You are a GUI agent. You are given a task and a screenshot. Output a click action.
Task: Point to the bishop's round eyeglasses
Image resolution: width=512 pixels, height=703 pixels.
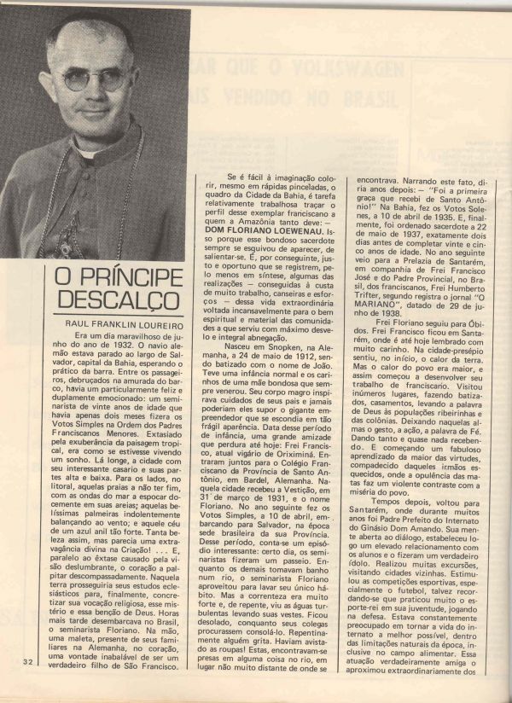(x=95, y=80)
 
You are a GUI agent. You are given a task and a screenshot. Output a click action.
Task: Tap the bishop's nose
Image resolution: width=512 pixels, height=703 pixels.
(x=96, y=90)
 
